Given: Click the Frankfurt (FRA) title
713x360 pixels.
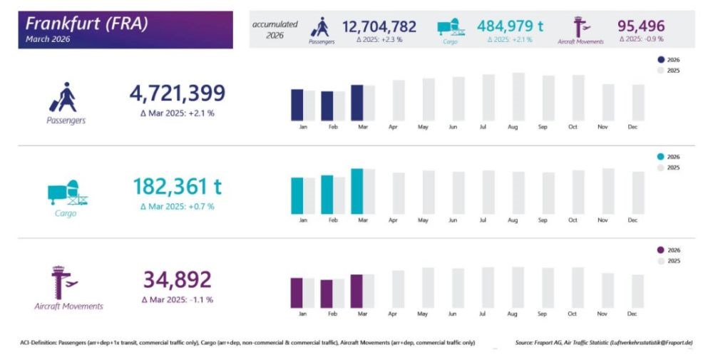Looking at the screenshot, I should point(86,24).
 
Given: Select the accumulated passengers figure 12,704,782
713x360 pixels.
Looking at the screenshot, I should point(379,27).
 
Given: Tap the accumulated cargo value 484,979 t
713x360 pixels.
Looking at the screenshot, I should point(510,26).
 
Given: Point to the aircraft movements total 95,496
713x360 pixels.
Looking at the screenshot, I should point(640,27).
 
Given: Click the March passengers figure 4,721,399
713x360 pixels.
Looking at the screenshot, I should point(177,93).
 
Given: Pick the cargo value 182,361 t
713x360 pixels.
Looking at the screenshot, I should point(177,187).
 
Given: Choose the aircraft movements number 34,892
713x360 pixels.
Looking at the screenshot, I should point(177,279).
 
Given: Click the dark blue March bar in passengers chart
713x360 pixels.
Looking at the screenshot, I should point(357,103).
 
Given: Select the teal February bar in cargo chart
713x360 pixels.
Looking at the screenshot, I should point(327,195).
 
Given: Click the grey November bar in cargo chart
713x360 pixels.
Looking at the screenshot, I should point(608,191).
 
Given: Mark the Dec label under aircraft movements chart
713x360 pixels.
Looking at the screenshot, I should point(632,314).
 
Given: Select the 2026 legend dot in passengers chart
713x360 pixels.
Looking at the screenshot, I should point(660,61).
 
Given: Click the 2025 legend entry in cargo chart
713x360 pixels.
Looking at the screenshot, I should point(669,168).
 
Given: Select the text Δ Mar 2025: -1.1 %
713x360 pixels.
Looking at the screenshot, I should point(177,299).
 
